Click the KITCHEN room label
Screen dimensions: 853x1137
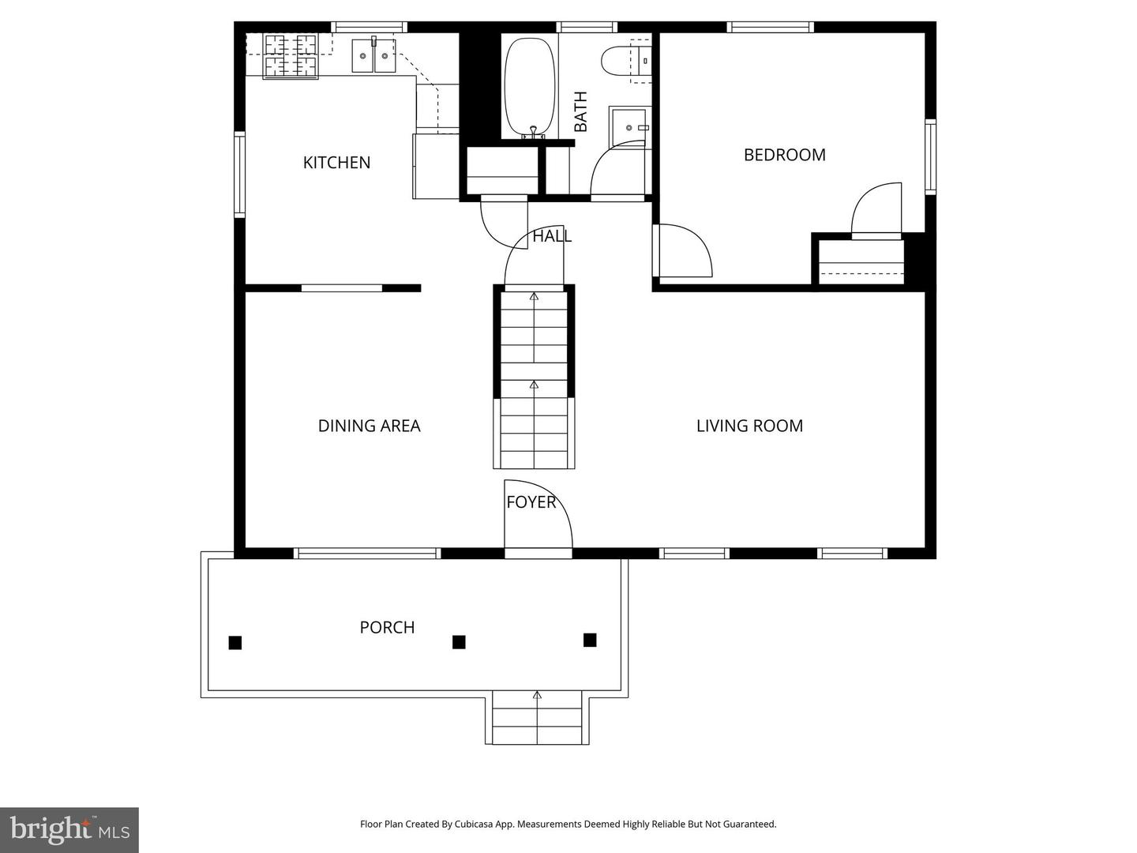pyautogui.click(x=336, y=163)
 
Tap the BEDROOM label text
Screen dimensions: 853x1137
pyautogui.click(x=784, y=155)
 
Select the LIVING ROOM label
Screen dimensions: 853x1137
pyautogui.click(x=749, y=426)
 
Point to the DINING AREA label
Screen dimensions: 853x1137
pyautogui.click(x=369, y=426)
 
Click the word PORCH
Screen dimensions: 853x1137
pyautogui.click(x=387, y=627)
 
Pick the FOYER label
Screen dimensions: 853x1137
pyautogui.click(x=531, y=502)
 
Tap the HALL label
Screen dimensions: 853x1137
pyautogui.click(x=552, y=236)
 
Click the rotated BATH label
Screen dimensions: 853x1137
pyautogui.click(x=581, y=111)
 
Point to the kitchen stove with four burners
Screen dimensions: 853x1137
pyautogui.click(x=290, y=55)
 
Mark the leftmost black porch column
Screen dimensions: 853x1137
pyautogui.click(x=235, y=643)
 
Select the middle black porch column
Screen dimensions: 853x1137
pyautogui.click(x=459, y=642)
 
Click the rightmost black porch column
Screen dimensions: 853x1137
pyautogui.click(x=590, y=640)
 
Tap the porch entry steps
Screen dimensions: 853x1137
pyautogui.click(x=537, y=718)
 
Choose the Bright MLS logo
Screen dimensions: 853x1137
pyautogui.click(x=69, y=829)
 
